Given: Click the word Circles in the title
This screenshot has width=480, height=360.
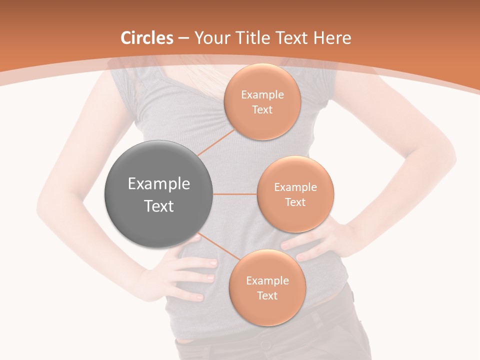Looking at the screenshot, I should coord(147,38).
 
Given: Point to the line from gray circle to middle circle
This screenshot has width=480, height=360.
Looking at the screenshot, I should coord(235,194).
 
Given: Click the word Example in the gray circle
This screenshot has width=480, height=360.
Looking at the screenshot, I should coord(159,184).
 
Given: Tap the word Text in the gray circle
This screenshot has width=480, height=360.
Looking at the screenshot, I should coord(159,206).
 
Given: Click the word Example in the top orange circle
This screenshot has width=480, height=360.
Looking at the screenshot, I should coord(262,95).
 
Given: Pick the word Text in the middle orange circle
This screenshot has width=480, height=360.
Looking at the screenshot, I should coord(295,202).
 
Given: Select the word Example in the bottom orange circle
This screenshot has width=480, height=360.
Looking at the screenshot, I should coord(267,281).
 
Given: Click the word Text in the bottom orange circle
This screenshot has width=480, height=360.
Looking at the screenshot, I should coord(267,296).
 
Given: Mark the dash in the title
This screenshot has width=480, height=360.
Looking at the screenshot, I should coord(183,38).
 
